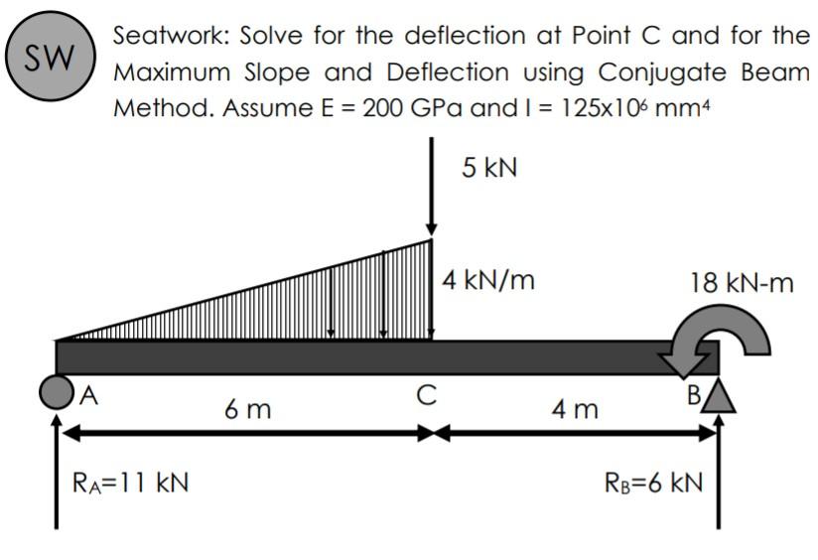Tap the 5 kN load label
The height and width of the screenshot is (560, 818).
487,167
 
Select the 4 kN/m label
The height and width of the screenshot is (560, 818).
488,280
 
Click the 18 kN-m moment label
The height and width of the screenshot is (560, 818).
742,285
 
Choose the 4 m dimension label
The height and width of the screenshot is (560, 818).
576,408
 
